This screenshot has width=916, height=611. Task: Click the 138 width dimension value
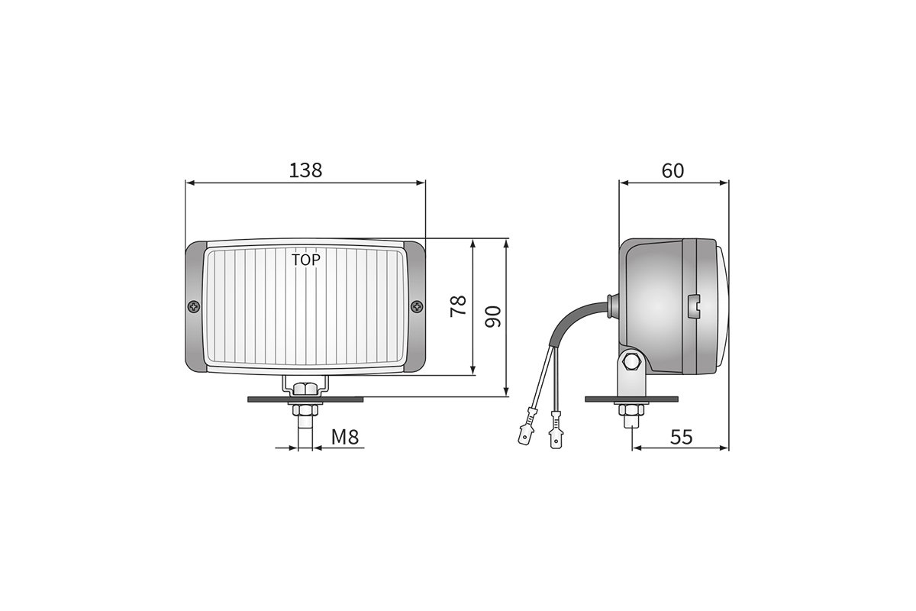(x=305, y=170)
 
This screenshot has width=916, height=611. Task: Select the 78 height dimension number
(x=457, y=307)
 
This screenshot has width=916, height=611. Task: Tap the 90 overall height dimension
(x=492, y=316)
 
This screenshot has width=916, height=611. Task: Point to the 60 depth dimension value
(x=672, y=170)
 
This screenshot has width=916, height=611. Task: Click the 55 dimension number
(x=680, y=437)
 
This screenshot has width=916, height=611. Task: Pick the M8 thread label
(x=345, y=437)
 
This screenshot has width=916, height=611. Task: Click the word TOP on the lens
(x=305, y=260)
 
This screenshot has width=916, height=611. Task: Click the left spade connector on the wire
(x=524, y=435)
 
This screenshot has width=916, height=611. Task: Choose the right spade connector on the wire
(x=554, y=435)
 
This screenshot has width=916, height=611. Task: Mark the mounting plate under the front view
(x=305, y=399)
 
